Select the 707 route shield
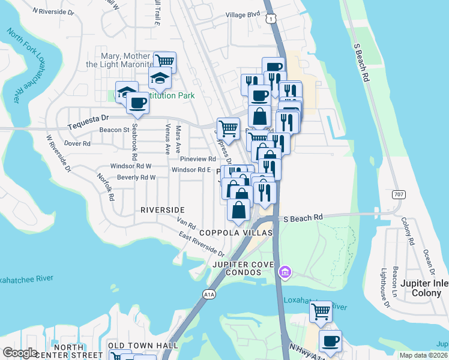399,194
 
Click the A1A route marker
208,294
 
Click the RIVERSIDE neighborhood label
162,209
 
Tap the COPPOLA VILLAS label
236,232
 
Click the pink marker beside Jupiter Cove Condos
286,274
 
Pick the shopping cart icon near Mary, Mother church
164,61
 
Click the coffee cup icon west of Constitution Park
137,103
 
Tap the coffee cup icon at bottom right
330,341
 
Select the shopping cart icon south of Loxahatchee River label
321,311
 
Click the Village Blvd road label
243,14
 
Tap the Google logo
20,353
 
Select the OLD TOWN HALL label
143,346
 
